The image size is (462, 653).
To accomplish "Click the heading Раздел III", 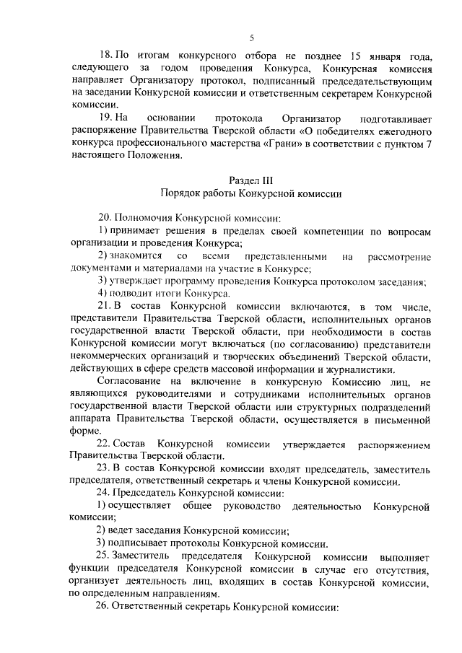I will tap(252, 179).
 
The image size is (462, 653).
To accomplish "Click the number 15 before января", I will tap(336, 56).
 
